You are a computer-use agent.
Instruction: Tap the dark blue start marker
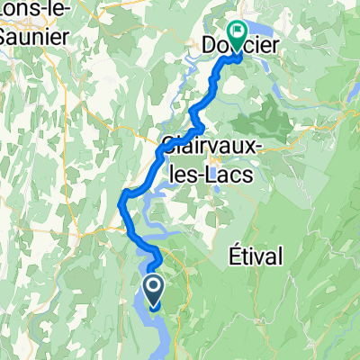click(153, 292)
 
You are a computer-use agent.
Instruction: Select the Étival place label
click(255, 256)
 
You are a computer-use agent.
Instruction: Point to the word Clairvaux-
click(209, 145)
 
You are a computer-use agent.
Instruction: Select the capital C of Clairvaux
click(170, 145)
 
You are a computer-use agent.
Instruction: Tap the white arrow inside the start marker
click(153, 289)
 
